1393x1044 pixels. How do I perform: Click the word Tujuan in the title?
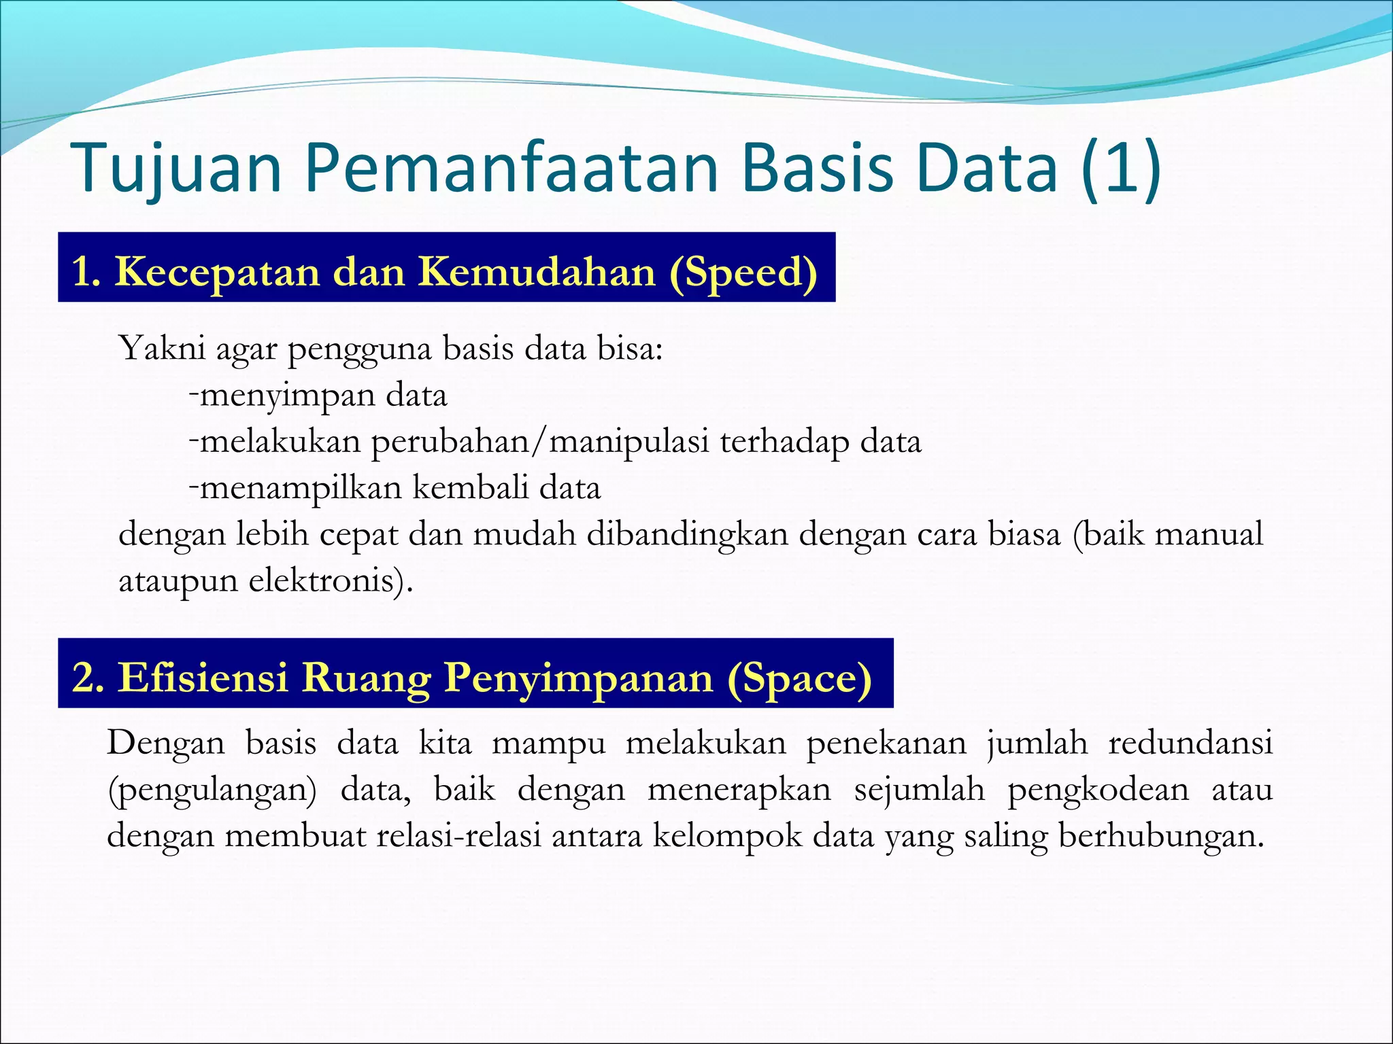point(175,169)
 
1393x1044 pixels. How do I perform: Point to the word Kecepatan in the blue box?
point(217,272)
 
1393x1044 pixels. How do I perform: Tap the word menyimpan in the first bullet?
point(286,396)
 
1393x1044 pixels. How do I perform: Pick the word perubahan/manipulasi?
point(540,442)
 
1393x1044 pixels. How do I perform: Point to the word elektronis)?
point(331,581)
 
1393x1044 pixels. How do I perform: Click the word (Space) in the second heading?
point(799,678)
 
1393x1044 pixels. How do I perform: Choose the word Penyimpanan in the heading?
point(579,678)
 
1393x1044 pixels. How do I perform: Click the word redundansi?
point(1190,743)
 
